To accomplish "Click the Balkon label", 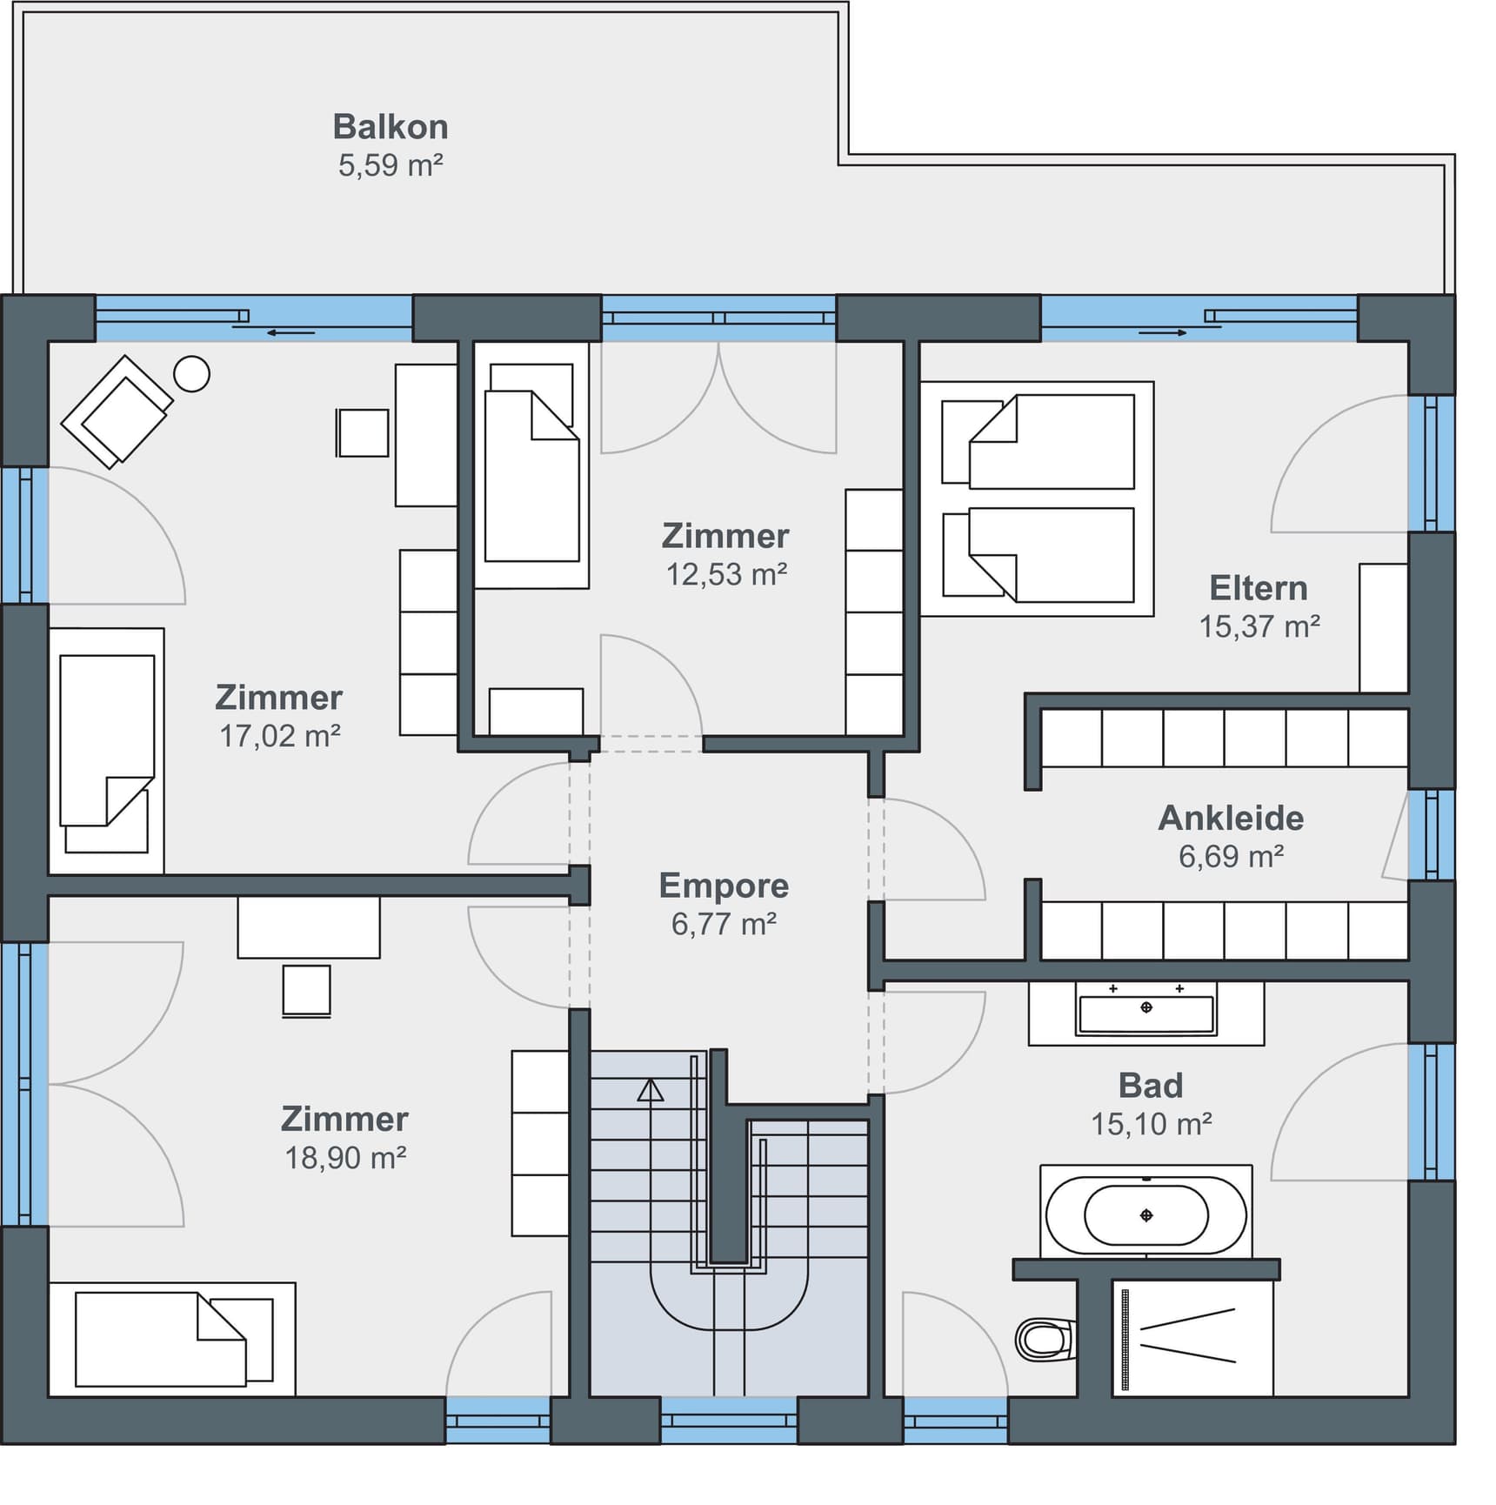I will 391,127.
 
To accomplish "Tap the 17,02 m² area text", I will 279,736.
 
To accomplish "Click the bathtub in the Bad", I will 1145,1215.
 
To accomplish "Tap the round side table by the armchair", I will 191,374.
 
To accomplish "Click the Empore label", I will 724,886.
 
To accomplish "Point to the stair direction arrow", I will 650,1091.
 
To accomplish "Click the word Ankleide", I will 1231,818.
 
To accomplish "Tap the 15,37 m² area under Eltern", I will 1259,626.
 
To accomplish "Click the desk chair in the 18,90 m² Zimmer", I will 306,990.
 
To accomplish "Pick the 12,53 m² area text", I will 726,574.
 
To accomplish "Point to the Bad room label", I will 1150,1086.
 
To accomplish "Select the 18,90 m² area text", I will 345,1158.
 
